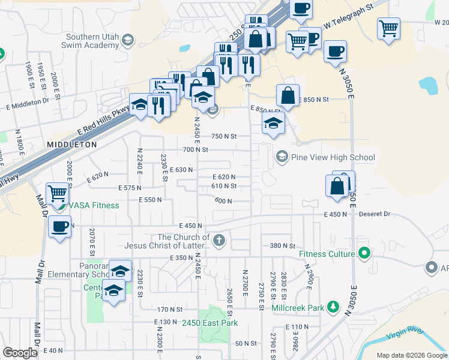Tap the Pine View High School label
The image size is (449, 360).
333,158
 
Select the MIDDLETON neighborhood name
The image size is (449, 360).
71,145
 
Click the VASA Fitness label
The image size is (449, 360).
94,205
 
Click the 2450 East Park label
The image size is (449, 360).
210,323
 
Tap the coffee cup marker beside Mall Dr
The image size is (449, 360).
59,227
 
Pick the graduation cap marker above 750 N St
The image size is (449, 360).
273,124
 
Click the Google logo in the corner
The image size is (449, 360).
20,353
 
